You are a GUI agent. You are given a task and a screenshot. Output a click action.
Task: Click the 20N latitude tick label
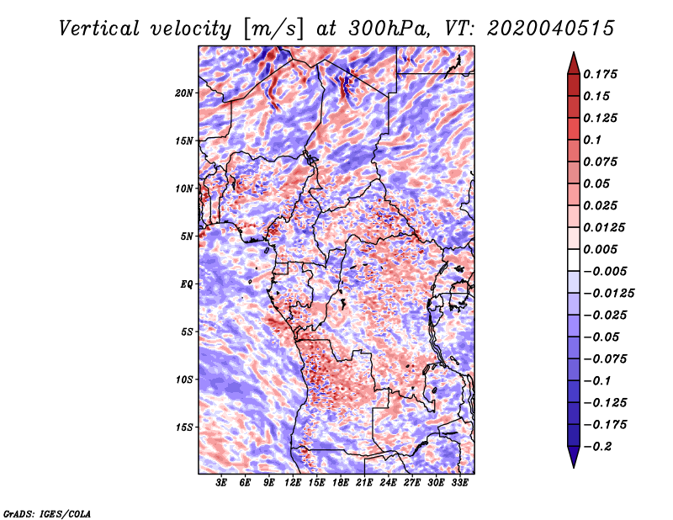184,93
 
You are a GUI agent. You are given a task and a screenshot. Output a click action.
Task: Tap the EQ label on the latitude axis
187,284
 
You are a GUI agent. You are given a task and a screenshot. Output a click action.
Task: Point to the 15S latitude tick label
184,427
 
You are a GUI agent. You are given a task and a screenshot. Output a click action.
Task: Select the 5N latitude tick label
187,236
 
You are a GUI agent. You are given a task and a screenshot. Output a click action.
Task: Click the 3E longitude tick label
221,483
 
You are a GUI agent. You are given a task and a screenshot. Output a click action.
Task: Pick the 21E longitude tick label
364,483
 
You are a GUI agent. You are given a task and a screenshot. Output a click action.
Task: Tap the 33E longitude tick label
459,483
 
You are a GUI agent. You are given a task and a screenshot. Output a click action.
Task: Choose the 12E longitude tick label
292,483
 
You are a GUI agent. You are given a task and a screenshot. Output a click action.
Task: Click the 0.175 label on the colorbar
601,74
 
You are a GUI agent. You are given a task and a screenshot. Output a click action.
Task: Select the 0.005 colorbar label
601,249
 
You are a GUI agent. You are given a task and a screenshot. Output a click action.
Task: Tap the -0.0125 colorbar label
608,294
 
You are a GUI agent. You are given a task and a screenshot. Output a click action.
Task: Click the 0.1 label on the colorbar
593,140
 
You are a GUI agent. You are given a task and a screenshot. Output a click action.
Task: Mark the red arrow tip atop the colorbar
574,52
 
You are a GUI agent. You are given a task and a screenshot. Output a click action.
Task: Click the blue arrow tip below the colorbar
574,467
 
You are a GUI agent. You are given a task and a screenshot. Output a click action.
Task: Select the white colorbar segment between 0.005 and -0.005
574,260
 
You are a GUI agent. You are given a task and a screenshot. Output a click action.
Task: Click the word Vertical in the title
99,29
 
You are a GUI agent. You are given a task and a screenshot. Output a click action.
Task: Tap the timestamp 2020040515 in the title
551,29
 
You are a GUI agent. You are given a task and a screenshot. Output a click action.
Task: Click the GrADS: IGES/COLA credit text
47,513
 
